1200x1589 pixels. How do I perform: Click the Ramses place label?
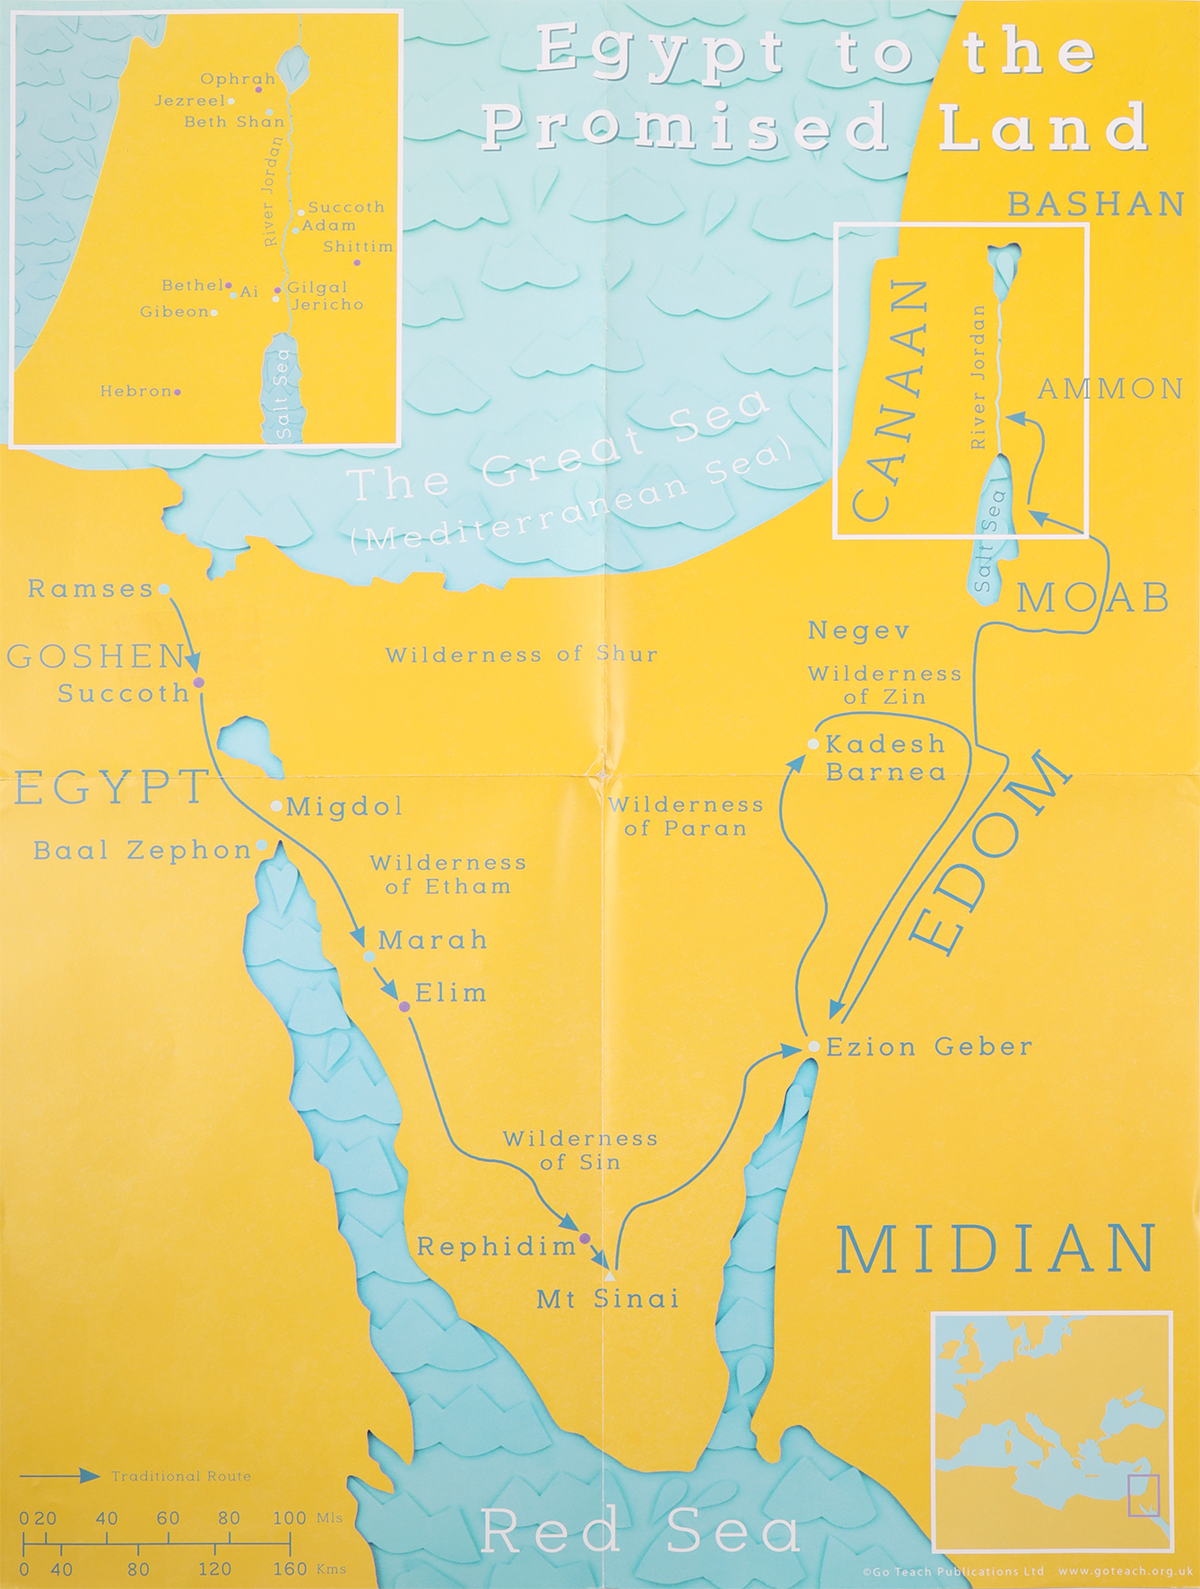click(91, 589)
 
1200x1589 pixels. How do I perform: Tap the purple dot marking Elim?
click(404, 1007)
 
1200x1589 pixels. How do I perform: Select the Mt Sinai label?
click(608, 1298)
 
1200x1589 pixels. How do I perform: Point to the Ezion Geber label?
click(929, 1046)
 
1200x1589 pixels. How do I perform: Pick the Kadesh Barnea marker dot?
click(813, 744)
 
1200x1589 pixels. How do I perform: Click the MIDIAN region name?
click(996, 1250)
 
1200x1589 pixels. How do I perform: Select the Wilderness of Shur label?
click(522, 655)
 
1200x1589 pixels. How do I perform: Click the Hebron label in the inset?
click(135, 392)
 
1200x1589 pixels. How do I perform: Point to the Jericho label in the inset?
click(327, 305)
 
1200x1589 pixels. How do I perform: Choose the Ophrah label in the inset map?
click(238, 80)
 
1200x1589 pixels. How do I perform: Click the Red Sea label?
click(640, 1532)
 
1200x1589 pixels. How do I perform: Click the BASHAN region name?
click(1096, 204)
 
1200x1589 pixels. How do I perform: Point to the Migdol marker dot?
click(276, 805)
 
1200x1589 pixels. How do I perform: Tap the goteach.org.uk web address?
click(1125, 1572)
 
